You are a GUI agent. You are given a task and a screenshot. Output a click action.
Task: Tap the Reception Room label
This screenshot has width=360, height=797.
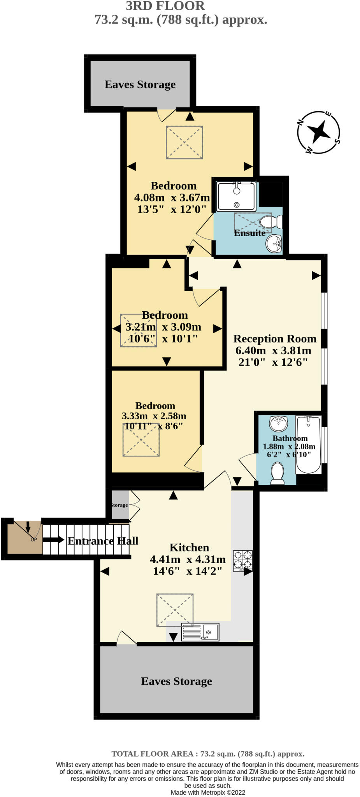coord(275,339)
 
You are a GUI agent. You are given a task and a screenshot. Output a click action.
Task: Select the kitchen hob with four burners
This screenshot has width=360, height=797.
coord(243,560)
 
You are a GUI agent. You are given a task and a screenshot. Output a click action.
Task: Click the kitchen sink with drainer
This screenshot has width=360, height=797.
coord(200,632)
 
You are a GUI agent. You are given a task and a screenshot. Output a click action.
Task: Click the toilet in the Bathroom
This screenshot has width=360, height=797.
coord(277,472)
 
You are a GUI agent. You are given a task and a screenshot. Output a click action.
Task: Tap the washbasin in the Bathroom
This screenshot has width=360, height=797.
coord(279,423)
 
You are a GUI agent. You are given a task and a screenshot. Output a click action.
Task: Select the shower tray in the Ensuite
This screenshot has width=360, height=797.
coord(237,196)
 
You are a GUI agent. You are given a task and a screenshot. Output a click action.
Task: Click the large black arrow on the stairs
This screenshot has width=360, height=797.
coord(53,540)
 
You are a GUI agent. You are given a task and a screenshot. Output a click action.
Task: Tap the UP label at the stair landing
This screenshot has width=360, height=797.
coord(34,540)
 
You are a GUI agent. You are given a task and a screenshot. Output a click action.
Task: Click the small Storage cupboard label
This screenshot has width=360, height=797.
coord(119,505)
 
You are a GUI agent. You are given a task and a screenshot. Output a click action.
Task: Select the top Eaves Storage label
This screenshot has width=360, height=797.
coord(140,84)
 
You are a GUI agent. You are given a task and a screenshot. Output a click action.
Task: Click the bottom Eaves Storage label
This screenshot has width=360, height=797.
coord(176,681)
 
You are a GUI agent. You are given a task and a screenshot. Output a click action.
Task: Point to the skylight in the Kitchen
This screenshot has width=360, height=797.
coord(175,610)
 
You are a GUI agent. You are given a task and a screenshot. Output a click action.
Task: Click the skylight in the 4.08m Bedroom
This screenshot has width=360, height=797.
coord(184,142)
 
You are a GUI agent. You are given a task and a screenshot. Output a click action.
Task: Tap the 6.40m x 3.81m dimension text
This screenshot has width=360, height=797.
coord(273,351)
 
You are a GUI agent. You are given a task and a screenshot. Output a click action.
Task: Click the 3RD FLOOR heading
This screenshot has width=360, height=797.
coord(165,6)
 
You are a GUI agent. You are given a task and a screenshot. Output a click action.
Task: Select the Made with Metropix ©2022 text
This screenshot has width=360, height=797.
coord(208,792)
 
